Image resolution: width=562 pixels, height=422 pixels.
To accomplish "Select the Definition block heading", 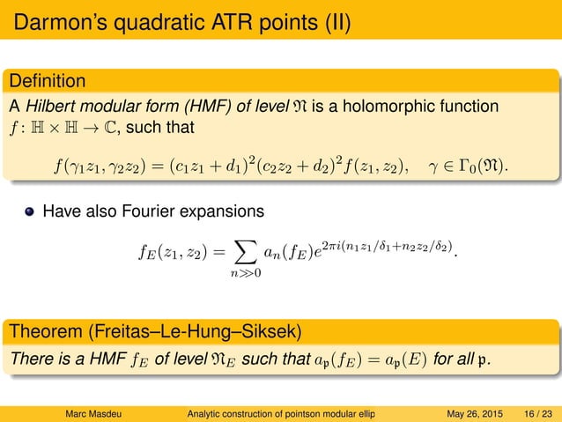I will coord(48,82).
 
